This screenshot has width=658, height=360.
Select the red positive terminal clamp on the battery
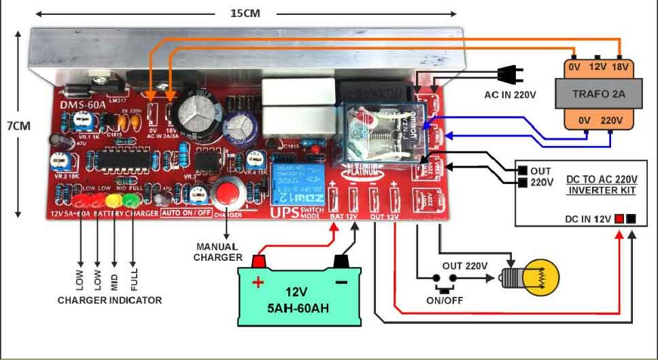point(258,261)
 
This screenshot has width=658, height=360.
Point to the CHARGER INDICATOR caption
point(109,300)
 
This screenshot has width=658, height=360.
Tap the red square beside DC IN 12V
point(619,219)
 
